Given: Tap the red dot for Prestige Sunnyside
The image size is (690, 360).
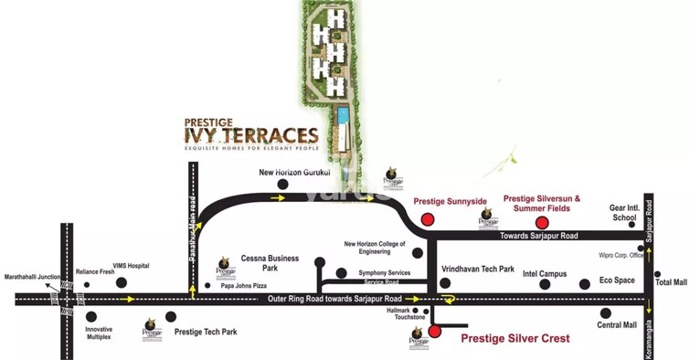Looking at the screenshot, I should [x=427, y=218].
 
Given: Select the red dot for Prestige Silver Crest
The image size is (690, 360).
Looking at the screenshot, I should [x=434, y=331].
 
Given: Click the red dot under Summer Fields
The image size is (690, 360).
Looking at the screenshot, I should [x=542, y=222].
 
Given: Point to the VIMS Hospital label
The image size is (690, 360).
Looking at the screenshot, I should [x=132, y=265].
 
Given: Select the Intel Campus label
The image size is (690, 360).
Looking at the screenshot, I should [x=544, y=273].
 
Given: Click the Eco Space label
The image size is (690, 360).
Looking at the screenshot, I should [x=617, y=280].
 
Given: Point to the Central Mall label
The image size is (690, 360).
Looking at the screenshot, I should [x=616, y=325].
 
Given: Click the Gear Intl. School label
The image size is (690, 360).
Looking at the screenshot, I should [x=624, y=213].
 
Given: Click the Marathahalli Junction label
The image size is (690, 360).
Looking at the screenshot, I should [x=32, y=276].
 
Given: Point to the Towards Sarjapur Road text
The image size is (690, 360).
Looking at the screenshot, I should [x=539, y=236].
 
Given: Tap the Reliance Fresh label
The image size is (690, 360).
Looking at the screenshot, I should [x=94, y=271].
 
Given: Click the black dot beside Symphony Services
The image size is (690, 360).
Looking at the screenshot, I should [x=341, y=272].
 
